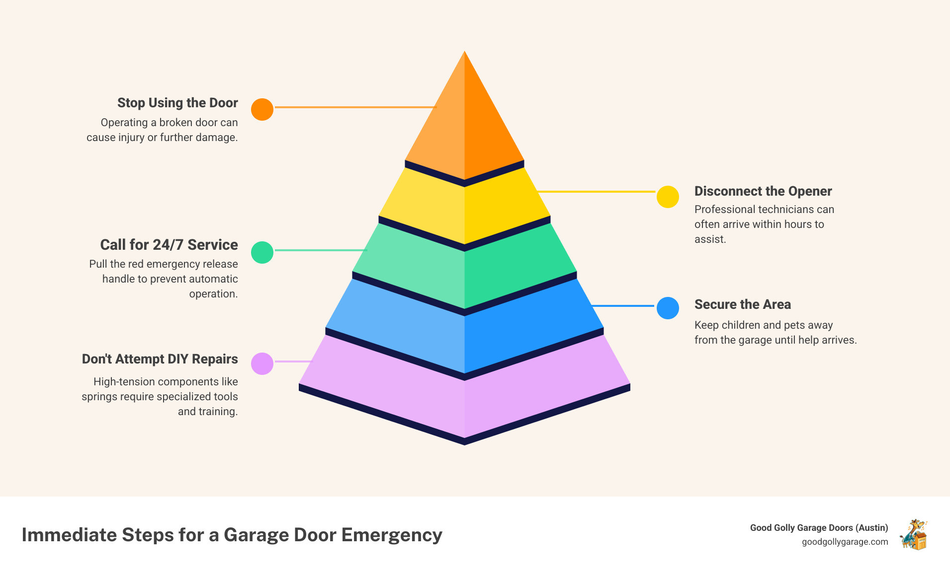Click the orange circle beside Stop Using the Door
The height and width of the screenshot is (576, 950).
tap(262, 109)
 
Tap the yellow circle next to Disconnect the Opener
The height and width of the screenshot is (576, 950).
tap(668, 197)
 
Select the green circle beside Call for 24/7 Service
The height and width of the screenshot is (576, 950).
tap(262, 252)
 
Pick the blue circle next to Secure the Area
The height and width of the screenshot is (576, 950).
tap(668, 308)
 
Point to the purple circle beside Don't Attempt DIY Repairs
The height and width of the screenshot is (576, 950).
tap(262, 363)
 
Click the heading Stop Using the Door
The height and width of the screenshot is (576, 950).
tap(177, 103)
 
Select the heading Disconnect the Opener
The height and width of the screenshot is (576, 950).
tap(763, 191)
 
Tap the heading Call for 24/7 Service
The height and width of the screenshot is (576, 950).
tap(169, 245)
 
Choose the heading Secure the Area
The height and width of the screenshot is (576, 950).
tap(742, 304)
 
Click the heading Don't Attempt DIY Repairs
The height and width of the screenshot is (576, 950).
tap(160, 359)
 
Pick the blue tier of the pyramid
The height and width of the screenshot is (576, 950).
tap(464, 333)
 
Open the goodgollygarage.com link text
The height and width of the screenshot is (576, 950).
tap(845, 542)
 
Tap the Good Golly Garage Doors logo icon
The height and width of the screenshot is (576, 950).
tap(914, 534)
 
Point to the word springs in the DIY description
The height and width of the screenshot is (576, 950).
tap(99, 397)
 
